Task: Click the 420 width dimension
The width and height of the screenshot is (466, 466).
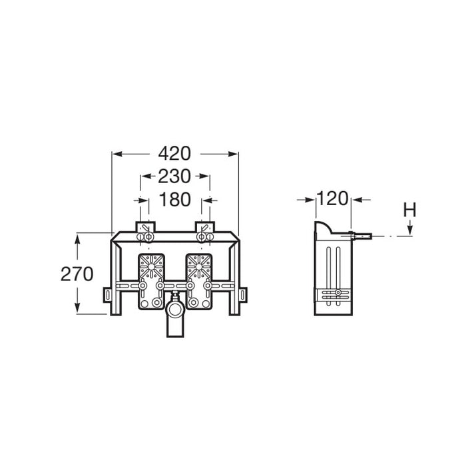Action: point(174,154)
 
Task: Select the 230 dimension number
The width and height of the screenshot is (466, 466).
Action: point(174,176)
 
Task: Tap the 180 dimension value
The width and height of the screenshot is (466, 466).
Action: point(174,200)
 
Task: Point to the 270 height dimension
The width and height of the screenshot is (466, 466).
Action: point(77,274)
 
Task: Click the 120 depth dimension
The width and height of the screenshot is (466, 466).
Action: point(332,198)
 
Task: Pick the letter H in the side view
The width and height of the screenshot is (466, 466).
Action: point(409,210)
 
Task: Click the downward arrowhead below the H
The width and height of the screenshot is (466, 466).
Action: point(410,229)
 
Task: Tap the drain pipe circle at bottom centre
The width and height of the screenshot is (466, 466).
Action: point(175,310)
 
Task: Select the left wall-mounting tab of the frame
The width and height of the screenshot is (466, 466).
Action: point(107,295)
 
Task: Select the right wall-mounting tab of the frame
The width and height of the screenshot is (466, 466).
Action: point(243,295)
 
